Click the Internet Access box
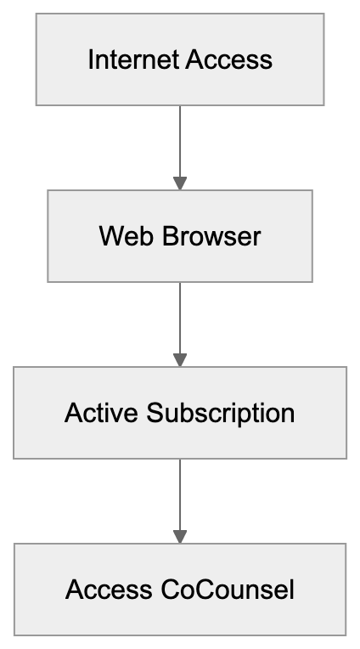click(x=179, y=59)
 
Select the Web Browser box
click(x=179, y=235)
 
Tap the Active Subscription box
click(x=179, y=413)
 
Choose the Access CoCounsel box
click(x=179, y=590)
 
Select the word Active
click(x=102, y=413)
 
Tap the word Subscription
click(x=220, y=413)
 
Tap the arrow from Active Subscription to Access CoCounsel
click(x=179, y=497)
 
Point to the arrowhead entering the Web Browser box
click(x=179, y=183)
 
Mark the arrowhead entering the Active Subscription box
click(x=179, y=360)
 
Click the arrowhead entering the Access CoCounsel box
click(x=179, y=537)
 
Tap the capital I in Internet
click(x=90, y=59)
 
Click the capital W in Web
click(x=110, y=235)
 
